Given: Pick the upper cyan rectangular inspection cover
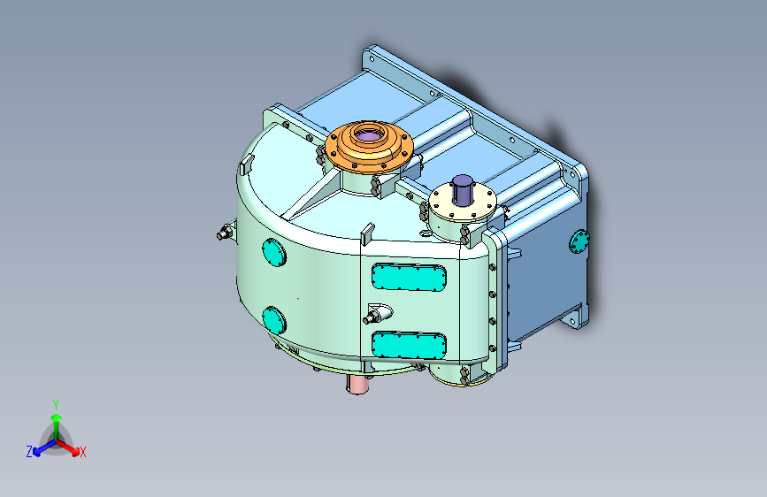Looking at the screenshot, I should (410, 278).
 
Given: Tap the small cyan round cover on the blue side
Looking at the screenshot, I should (580, 241).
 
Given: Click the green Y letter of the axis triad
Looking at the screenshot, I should (55, 403).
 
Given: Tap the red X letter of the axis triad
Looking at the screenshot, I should (83, 453).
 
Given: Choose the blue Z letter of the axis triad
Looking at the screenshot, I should (29, 452).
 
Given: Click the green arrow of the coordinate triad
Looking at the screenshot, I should (55, 421).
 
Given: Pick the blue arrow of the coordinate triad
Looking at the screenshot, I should (41, 447).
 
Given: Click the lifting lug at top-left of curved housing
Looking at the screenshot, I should (247, 164).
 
